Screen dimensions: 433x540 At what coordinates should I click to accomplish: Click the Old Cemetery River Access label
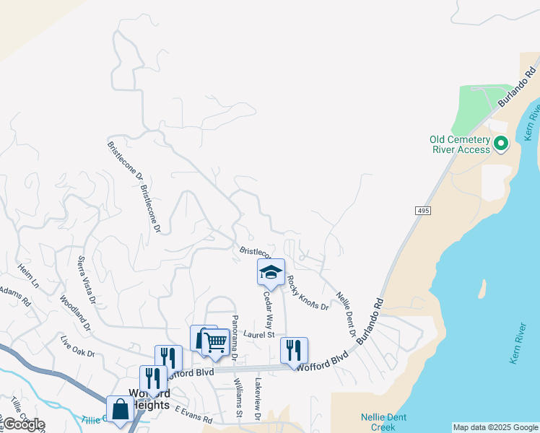point(459,144)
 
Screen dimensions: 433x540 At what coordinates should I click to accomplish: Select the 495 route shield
point(423,210)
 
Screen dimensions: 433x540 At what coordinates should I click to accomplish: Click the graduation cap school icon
point(271,272)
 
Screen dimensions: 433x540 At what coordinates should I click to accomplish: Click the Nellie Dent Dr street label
point(347,313)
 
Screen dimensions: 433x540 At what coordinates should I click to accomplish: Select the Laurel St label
point(259,334)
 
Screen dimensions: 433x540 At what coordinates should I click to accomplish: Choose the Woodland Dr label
point(75,312)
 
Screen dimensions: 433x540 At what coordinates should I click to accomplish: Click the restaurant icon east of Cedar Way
point(294,350)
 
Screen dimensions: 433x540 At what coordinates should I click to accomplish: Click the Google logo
point(23,424)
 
